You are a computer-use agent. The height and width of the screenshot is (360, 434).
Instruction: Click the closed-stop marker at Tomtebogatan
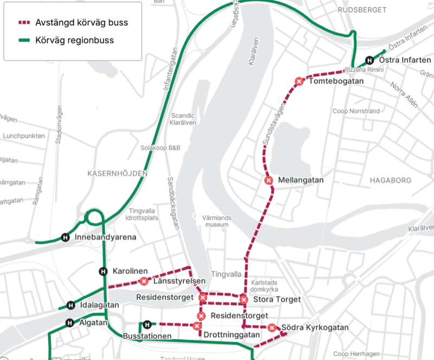[x=298, y=81]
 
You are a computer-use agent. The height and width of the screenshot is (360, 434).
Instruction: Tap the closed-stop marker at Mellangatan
[x=268, y=180]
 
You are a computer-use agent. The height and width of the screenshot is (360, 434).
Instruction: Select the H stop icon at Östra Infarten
[x=369, y=60]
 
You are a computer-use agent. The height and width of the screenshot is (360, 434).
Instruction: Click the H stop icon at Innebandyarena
[x=66, y=237]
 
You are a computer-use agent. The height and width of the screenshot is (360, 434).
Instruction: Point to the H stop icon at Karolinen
[x=103, y=271]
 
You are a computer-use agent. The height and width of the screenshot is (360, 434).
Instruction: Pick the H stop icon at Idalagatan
[x=70, y=305]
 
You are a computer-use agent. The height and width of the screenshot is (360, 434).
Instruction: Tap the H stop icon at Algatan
[x=70, y=323]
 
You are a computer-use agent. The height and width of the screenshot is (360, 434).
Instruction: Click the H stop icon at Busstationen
[x=146, y=325]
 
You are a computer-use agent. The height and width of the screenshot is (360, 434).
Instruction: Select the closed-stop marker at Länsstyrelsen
[x=144, y=281]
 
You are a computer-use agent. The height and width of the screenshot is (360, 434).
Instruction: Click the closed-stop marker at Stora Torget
[x=244, y=299]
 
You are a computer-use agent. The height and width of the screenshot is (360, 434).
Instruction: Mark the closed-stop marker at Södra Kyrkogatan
[x=271, y=327]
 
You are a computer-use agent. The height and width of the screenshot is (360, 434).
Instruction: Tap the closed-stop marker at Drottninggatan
[x=197, y=326]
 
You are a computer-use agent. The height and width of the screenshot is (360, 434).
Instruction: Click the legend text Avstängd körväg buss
[x=81, y=23]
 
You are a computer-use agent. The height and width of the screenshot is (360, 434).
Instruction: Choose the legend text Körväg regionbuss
[x=74, y=40]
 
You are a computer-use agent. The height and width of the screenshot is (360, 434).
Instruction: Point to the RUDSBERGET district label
[x=362, y=10]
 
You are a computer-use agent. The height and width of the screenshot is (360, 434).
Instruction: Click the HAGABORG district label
[x=390, y=180]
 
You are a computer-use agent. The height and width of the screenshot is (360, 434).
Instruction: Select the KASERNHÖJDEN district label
[x=117, y=173]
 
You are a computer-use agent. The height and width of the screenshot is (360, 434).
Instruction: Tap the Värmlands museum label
[x=216, y=220]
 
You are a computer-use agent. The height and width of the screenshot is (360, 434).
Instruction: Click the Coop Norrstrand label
[x=356, y=111]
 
